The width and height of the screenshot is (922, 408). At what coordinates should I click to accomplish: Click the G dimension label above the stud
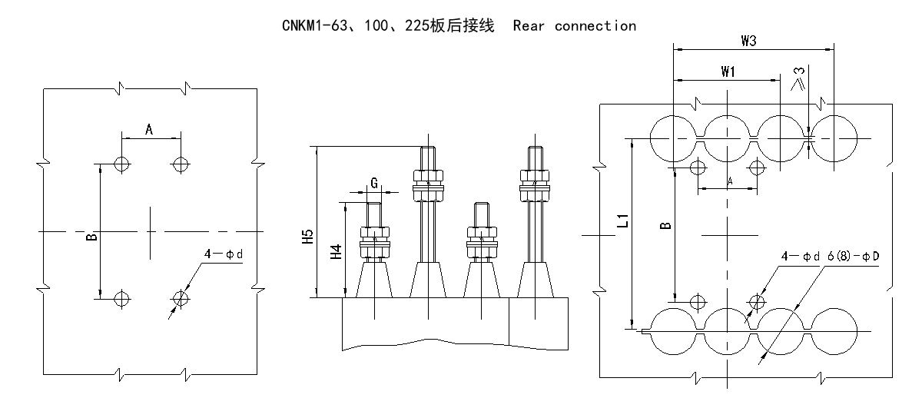click(374, 183)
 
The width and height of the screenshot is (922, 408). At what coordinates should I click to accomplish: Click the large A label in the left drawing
click(149, 131)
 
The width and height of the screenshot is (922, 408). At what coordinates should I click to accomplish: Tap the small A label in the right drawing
click(728, 181)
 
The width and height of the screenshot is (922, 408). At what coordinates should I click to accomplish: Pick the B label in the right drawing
click(666, 225)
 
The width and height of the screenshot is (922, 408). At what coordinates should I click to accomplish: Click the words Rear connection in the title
click(574, 26)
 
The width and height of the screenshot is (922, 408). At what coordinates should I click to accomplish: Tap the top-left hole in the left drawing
click(121, 164)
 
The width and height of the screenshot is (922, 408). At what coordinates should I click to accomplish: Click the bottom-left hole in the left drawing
click(121, 298)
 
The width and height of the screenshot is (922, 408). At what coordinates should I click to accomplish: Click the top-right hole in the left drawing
click(181, 164)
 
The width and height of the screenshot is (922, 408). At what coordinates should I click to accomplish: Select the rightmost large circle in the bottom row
click(835, 332)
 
